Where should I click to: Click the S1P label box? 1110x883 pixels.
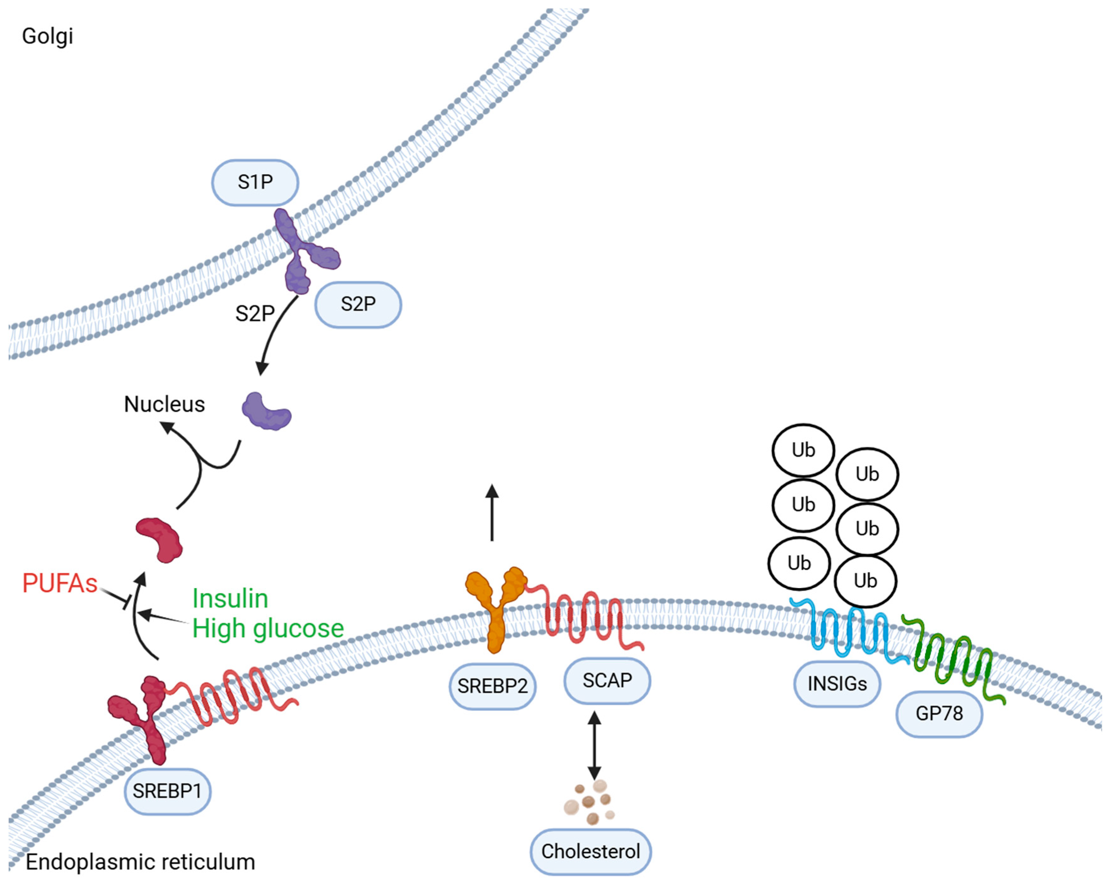point(255,182)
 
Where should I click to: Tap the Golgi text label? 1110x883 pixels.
point(47,36)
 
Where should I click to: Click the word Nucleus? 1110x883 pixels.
point(164,404)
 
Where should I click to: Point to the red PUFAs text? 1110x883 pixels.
point(60,583)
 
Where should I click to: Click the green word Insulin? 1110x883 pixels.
point(230,598)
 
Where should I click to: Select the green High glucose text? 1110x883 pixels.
point(268,628)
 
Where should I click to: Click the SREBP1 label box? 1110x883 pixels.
point(167,791)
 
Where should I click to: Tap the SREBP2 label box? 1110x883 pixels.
point(492,686)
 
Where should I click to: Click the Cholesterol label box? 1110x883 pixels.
point(591,851)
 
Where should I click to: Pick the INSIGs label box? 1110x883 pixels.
point(837,683)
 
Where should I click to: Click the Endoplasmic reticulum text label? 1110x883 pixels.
point(140,862)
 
